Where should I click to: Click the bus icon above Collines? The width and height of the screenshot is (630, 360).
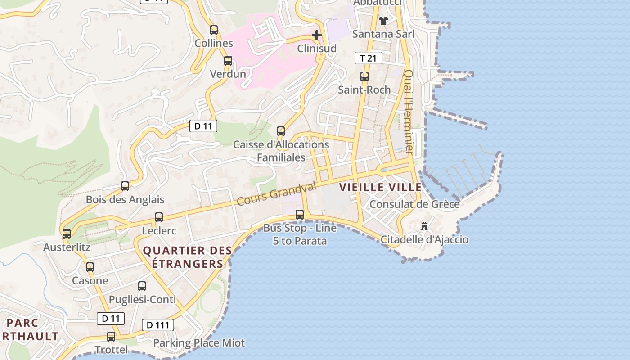pos(214,30)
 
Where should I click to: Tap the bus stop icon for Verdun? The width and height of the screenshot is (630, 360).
pos(228,61)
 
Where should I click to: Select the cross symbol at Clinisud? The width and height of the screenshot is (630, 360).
pos(317,35)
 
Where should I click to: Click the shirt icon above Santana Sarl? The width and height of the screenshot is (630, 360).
pos(383,20)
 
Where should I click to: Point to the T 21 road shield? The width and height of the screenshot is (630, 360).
pos(368,58)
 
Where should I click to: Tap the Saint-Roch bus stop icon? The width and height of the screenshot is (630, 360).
pos(364,76)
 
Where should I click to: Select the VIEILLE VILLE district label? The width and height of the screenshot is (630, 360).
pos(380,187)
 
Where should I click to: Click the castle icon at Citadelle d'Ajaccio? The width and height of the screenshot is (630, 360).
pos(424,226)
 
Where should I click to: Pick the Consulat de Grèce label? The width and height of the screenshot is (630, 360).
pos(414,204)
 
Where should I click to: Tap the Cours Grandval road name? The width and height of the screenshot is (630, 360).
pos(276,194)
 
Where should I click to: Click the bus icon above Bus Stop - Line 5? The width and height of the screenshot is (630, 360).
pos(300,215)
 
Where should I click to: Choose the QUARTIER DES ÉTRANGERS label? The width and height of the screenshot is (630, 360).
pos(187,257)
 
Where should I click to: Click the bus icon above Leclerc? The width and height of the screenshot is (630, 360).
pos(159,217)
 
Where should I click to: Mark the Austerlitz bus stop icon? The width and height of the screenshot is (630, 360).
pos(67,234)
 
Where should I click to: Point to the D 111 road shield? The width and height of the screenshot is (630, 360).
pos(158,325)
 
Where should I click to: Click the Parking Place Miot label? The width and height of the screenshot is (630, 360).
pos(199,343)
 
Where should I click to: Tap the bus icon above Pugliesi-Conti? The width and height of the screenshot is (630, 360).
pos(142,286)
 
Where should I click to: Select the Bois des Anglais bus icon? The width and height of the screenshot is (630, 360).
pos(125,186)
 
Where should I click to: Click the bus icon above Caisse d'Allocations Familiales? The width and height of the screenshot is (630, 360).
pos(281,131)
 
